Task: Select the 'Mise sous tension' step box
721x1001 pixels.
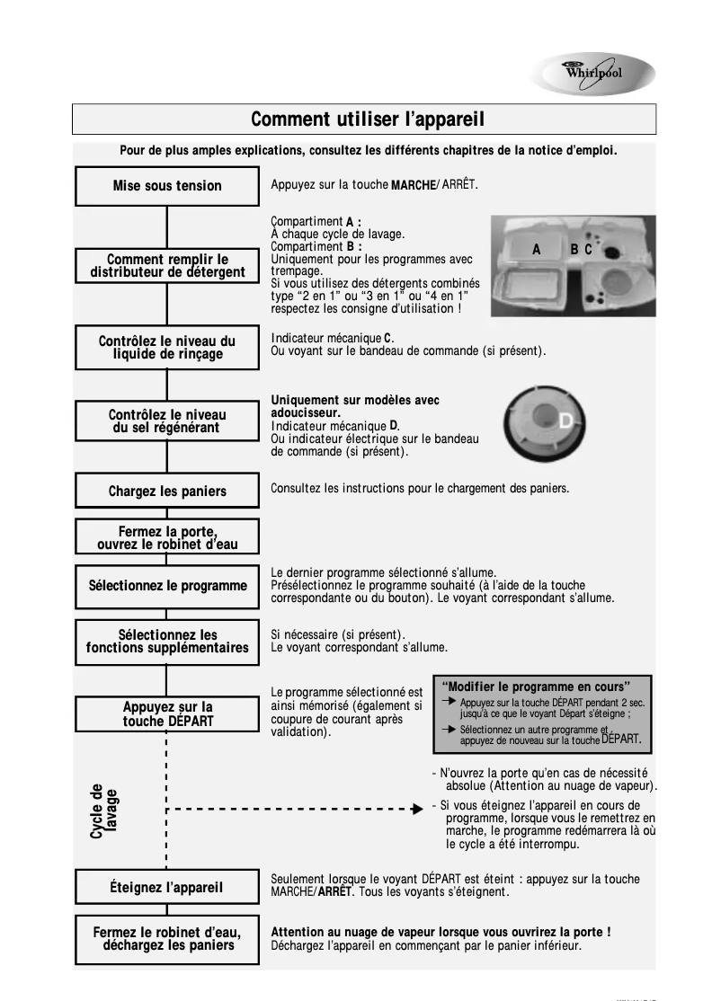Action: pos(167,186)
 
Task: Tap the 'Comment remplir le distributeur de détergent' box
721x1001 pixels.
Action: pos(167,266)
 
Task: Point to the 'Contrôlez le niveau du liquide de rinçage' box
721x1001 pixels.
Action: pos(167,348)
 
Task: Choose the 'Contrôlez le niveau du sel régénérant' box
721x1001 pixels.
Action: pos(167,421)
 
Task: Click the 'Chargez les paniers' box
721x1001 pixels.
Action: pos(167,492)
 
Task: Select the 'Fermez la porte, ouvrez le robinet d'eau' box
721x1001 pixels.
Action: pos(167,537)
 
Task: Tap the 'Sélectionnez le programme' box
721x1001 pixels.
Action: pos(167,586)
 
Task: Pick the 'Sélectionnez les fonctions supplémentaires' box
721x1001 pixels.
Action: pos(167,642)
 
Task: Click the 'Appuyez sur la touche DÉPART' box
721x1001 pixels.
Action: pos(167,714)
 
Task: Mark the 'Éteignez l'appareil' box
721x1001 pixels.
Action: pos(167,887)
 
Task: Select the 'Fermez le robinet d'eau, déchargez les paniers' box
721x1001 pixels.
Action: pos(167,939)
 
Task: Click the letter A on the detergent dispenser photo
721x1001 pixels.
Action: pos(537,250)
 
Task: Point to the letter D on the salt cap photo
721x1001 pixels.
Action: pos(565,421)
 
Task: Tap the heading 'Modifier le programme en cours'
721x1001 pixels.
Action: pos(539,687)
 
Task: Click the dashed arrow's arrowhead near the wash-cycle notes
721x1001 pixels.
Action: pos(417,809)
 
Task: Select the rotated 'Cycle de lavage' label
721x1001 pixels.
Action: pos(103,811)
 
